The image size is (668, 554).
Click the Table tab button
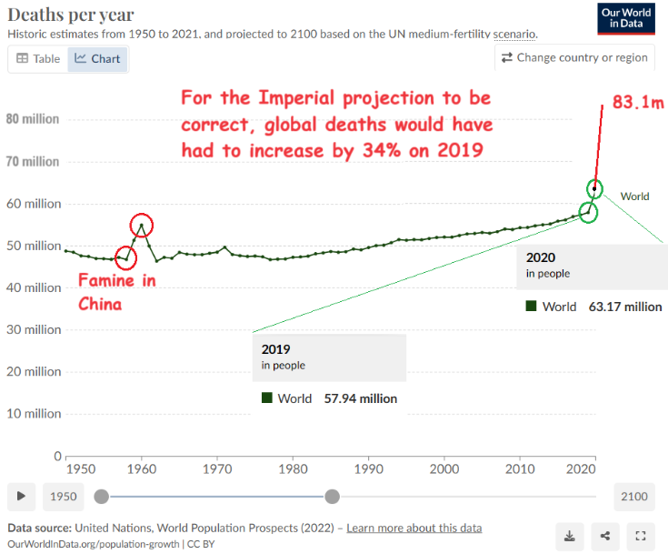point(38,59)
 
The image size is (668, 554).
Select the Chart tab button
point(98,59)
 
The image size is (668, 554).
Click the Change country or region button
point(574,57)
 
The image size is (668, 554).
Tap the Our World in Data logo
point(628,18)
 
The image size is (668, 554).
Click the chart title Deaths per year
point(71,15)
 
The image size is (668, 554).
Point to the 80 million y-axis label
point(33,119)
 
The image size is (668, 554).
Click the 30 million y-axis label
point(33,329)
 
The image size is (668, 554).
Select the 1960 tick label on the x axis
point(141,468)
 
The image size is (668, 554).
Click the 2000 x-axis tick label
point(444,468)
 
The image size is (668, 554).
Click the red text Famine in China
point(116,291)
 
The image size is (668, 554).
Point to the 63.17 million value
point(625,307)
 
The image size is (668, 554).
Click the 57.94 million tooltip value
point(361,398)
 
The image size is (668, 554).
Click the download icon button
point(571,536)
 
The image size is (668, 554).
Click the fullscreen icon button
point(641,536)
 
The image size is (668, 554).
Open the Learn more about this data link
point(414,529)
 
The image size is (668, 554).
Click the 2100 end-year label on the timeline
point(634,496)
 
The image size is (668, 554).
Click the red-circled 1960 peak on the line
point(141,225)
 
